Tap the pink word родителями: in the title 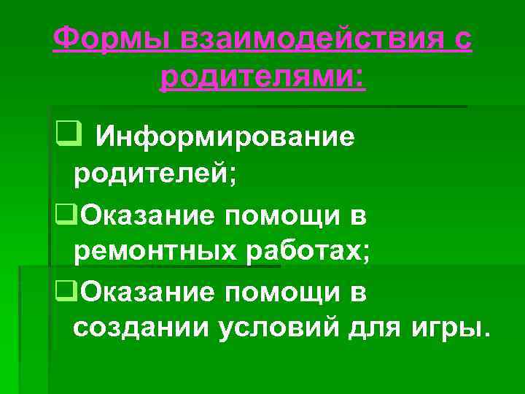click(x=264, y=76)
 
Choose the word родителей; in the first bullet click(x=155, y=175)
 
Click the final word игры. click(x=448, y=329)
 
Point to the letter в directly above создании click(x=359, y=291)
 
